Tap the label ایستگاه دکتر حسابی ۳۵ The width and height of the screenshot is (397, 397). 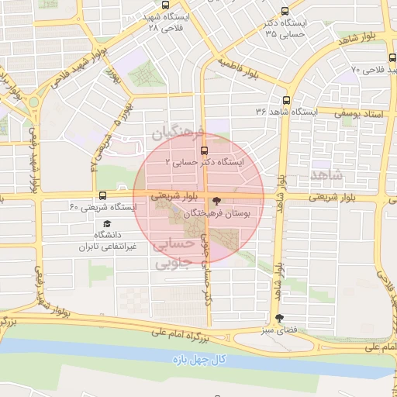[x=285, y=28]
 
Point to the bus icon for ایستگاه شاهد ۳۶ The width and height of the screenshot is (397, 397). [x=286, y=100]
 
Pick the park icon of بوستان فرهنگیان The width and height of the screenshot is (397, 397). [x=216, y=200]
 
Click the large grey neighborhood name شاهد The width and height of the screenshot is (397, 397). [x=326, y=174]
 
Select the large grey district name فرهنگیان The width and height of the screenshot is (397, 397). [x=181, y=133]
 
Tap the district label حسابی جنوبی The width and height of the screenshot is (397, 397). [x=172, y=254]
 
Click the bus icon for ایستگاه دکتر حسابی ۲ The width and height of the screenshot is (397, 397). [x=205, y=150]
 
